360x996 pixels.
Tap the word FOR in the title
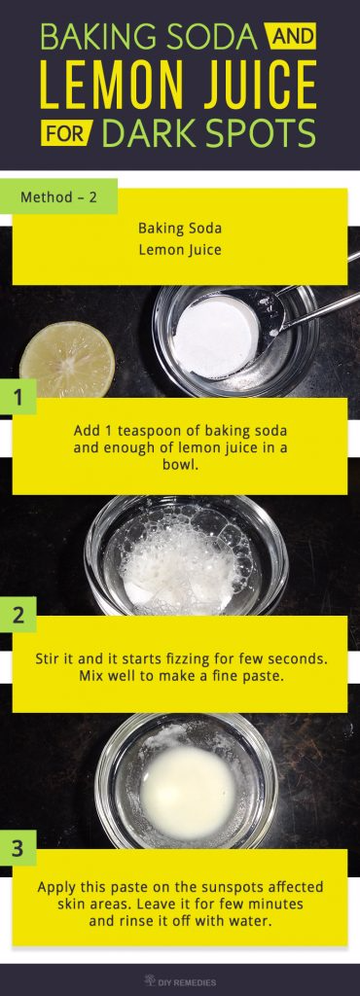64,131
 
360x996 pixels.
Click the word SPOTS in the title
270,131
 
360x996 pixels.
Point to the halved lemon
66,361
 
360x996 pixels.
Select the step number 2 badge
18,614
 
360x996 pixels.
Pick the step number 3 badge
18,847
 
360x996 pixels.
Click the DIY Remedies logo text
188,980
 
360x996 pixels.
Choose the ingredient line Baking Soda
180,229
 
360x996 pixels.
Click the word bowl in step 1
179,463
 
